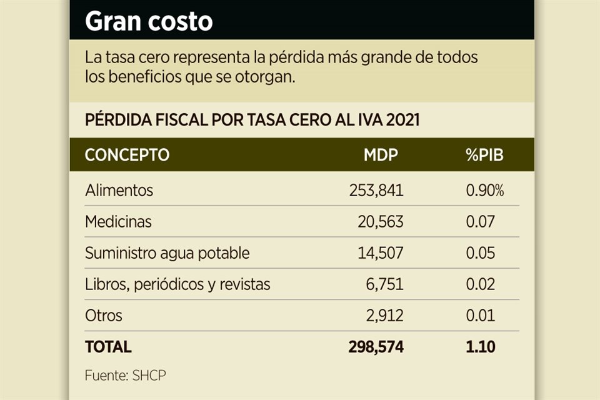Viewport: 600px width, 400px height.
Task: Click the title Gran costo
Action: [x=149, y=21]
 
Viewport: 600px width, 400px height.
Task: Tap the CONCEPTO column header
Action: [x=127, y=155]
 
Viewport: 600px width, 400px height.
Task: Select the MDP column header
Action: [x=381, y=155]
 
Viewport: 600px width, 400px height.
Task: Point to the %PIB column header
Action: [x=484, y=155]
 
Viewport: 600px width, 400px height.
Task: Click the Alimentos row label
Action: [x=119, y=190]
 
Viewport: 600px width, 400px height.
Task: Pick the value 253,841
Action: [x=376, y=190]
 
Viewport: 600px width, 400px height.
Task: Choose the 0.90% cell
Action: [x=485, y=190]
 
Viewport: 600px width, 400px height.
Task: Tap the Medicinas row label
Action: [x=118, y=221]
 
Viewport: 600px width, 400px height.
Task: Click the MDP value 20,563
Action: [x=380, y=221]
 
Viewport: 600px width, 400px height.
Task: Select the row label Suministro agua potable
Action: [x=167, y=253]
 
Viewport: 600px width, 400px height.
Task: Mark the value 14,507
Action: [x=380, y=253]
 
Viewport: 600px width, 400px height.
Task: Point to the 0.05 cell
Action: [x=481, y=253]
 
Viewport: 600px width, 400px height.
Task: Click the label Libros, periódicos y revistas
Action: [x=177, y=284]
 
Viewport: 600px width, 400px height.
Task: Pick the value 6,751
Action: [x=385, y=284]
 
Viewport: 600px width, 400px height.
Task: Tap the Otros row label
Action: [x=103, y=316]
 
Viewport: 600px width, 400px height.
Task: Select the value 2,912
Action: [x=385, y=316]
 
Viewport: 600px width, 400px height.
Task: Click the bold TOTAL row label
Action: [x=108, y=347]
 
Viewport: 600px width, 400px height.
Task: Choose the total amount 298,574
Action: [x=376, y=347]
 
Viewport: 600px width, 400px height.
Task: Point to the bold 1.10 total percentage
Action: [x=480, y=347]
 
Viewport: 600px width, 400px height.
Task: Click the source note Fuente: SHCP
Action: [x=126, y=376]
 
